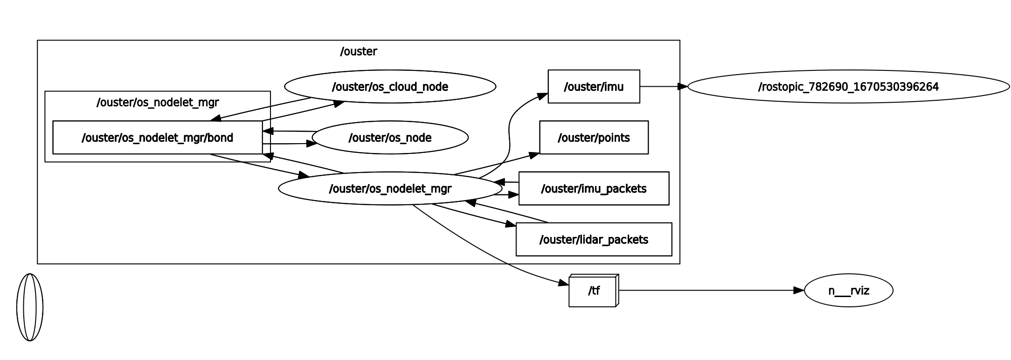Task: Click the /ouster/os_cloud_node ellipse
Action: point(390,87)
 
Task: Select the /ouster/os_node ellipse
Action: point(390,138)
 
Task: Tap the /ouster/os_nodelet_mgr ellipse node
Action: point(390,188)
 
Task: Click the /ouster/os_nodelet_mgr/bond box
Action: point(157,138)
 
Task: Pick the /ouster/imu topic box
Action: point(594,87)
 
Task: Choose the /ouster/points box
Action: point(594,138)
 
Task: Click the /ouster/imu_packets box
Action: point(594,188)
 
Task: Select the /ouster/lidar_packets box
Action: point(594,239)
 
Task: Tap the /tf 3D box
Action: point(593,291)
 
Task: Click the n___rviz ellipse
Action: point(848,291)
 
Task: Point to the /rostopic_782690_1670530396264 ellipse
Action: point(848,87)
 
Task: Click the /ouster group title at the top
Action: point(358,51)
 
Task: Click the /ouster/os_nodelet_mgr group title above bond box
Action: point(157,102)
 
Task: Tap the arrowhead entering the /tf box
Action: point(564,283)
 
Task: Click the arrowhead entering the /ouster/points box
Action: point(534,154)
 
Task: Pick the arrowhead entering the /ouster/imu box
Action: point(543,96)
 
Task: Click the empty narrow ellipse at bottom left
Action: point(30,307)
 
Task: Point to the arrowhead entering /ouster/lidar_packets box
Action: point(511,225)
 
